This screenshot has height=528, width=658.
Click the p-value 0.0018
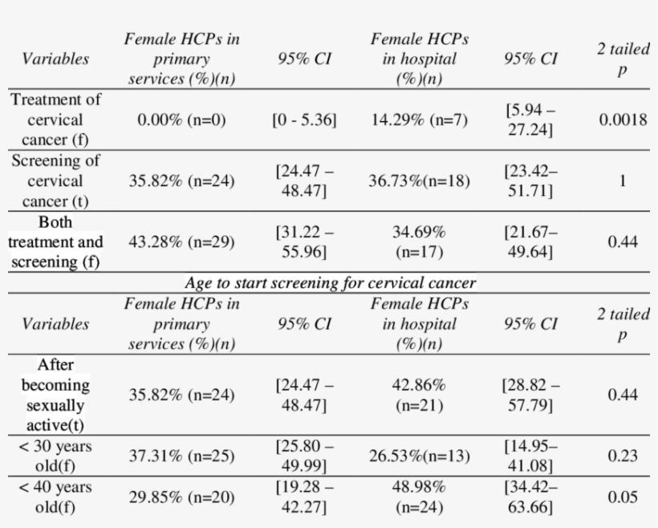click(x=622, y=120)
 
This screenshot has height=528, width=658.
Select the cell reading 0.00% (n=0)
click(x=181, y=120)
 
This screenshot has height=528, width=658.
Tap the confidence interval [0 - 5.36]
click(x=304, y=120)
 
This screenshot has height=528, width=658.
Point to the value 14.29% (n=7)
click(x=419, y=120)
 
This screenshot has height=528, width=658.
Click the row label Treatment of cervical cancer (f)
click(x=55, y=120)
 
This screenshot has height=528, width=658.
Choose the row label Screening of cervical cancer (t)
click(x=55, y=181)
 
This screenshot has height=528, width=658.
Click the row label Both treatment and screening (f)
click(x=55, y=242)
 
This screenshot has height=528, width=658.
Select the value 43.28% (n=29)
click(x=181, y=242)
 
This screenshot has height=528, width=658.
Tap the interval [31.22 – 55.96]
click(x=304, y=242)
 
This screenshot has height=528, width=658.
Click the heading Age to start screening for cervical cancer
click(x=330, y=283)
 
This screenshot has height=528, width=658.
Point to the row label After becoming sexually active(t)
click(x=55, y=394)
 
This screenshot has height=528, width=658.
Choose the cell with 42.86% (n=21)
click(x=419, y=395)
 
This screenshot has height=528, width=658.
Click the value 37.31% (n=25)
click(x=181, y=456)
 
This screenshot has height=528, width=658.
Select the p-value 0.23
click(x=622, y=456)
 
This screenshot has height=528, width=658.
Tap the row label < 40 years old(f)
click(x=55, y=497)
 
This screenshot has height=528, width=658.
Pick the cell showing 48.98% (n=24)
click(x=419, y=497)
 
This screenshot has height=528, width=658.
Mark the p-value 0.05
click(x=622, y=497)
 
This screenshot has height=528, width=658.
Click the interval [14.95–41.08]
click(x=530, y=456)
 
